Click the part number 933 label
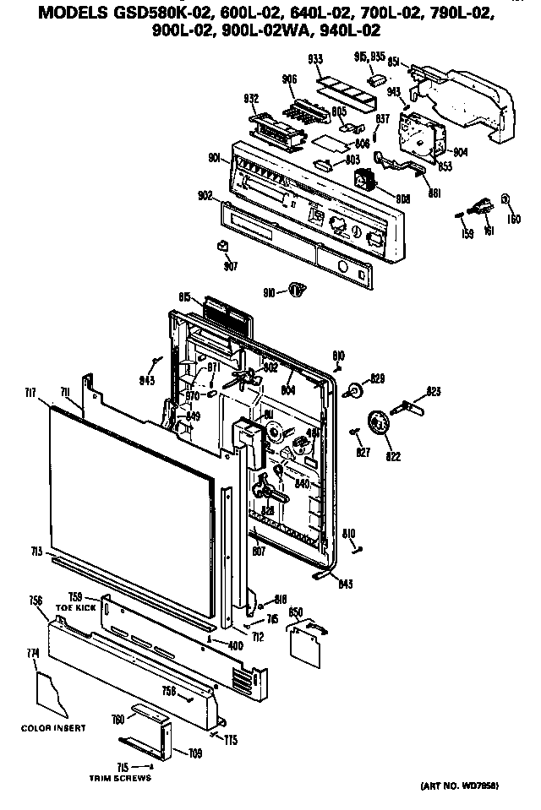pyautogui.click(x=314, y=60)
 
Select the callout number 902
pyautogui.click(x=205, y=196)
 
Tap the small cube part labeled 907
pyautogui.click(x=224, y=247)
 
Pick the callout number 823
pyautogui.click(x=434, y=390)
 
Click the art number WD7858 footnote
pyautogui.click(x=458, y=786)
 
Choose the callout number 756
pyautogui.click(x=35, y=601)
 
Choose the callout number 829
pyautogui.click(x=377, y=377)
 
